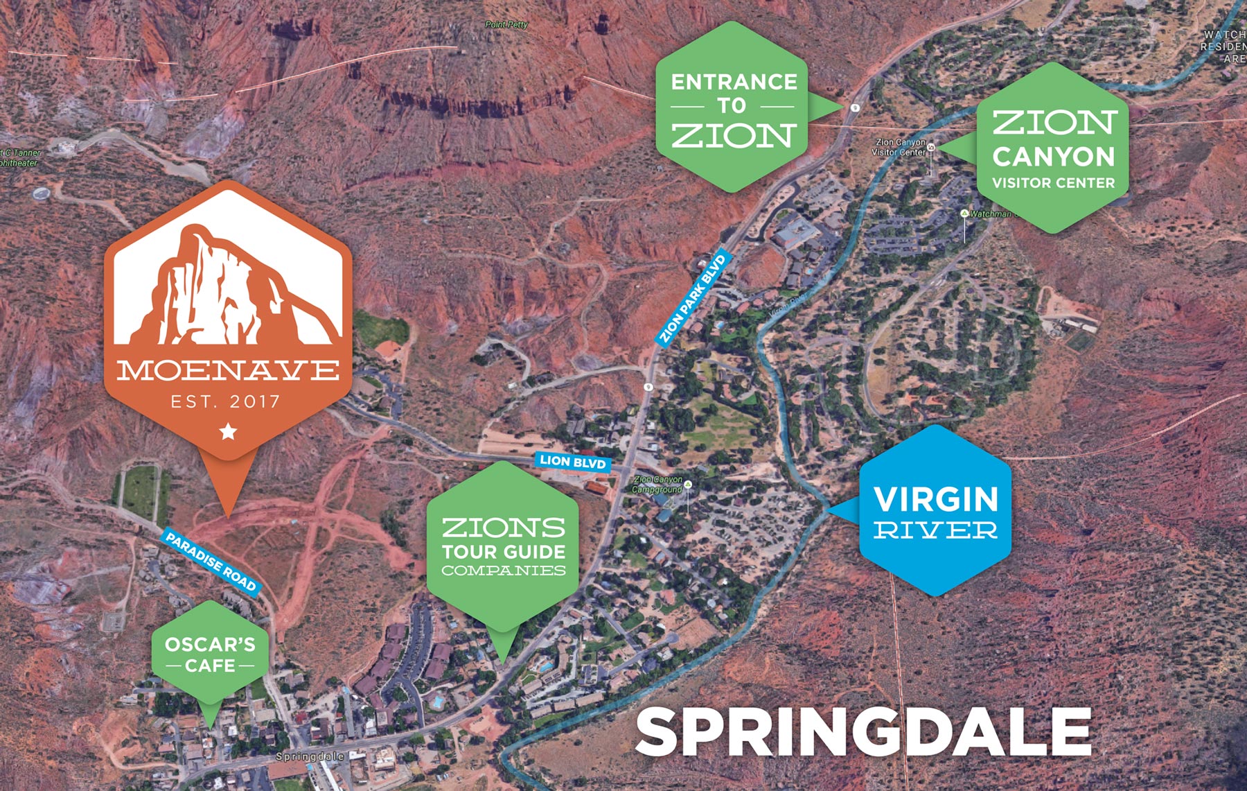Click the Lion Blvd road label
(573, 462)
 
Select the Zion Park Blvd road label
(692, 299)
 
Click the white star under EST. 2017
(228, 433)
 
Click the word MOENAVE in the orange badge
(228, 370)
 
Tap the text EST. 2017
(226, 401)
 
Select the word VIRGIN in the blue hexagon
(935, 499)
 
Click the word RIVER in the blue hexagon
(935, 531)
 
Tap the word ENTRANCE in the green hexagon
(734, 82)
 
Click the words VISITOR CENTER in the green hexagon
(1053, 184)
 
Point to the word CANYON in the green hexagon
(1053, 157)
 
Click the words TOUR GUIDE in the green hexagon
(504, 552)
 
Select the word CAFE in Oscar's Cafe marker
(210, 666)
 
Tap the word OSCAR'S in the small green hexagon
(210, 645)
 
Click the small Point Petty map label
(506, 24)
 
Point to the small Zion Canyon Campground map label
(657, 484)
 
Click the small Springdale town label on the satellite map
(309, 756)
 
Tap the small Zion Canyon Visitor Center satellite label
(899, 147)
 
